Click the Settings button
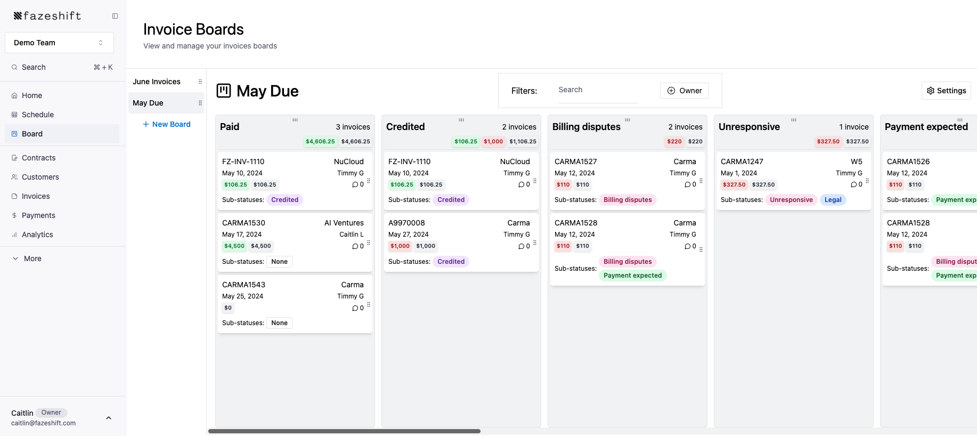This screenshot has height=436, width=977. pyautogui.click(x=946, y=91)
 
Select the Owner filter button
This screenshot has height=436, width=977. pyautogui.click(x=685, y=91)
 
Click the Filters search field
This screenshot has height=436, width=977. pyautogui.click(x=597, y=90)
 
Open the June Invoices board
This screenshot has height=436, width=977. pyautogui.click(x=157, y=82)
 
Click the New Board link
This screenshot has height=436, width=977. pyautogui.click(x=166, y=124)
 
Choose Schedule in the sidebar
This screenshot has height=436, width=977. pyautogui.click(x=38, y=115)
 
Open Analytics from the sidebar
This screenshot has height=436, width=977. pyautogui.click(x=37, y=235)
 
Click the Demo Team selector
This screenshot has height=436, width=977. pyautogui.click(x=59, y=43)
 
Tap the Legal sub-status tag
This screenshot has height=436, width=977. pyautogui.click(x=833, y=200)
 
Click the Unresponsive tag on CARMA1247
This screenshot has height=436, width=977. pyautogui.click(x=791, y=200)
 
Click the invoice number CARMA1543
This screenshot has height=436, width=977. pyautogui.click(x=243, y=285)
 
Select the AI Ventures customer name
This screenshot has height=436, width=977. pyautogui.click(x=344, y=223)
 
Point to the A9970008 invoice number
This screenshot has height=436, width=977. pyautogui.click(x=406, y=223)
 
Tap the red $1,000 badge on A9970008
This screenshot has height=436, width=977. pyautogui.click(x=400, y=246)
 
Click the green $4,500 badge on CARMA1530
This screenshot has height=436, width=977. pyautogui.click(x=234, y=246)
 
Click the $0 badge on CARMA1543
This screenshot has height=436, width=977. pyautogui.click(x=228, y=308)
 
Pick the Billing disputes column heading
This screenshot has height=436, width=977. pyautogui.click(x=586, y=127)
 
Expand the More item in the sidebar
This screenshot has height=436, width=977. pyautogui.click(x=32, y=259)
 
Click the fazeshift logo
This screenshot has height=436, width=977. pyautogui.click(x=47, y=16)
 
